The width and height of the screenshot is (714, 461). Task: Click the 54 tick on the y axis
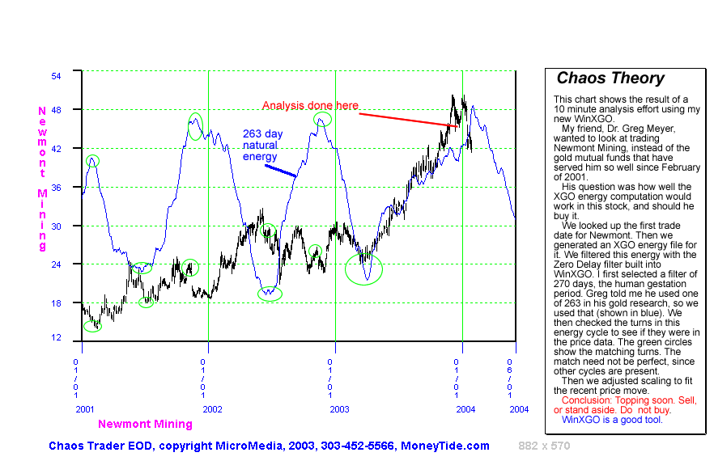pos(57,74)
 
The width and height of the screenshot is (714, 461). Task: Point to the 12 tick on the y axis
pos(57,336)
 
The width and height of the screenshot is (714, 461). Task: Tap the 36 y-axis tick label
pos(57,187)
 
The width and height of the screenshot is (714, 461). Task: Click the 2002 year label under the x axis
pos(212,409)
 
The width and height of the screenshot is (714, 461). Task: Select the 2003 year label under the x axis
pos(339,409)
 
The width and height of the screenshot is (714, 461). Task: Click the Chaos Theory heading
pos(610,78)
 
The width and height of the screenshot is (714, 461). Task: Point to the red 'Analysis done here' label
pos(310,106)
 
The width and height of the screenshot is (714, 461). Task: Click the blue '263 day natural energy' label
pos(261,145)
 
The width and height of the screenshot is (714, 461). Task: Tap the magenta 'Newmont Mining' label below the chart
pos(145,424)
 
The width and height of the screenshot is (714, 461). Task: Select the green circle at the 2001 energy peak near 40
pos(92,160)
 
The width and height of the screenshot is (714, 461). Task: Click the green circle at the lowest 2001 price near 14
pos(93,326)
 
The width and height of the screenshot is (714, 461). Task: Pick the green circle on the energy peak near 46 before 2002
pos(196,125)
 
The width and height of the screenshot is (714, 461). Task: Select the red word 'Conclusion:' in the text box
pos(586,400)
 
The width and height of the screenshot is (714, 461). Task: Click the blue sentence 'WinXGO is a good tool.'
pos(612,420)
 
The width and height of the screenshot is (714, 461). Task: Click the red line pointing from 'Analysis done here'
pos(409,120)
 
